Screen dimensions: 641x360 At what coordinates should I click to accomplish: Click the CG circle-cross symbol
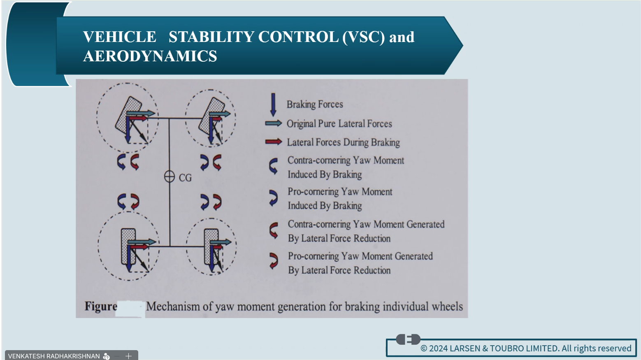point(170,177)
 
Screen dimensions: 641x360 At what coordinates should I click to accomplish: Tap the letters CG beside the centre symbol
point(185,178)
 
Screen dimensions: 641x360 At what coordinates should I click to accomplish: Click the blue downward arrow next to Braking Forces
point(273,105)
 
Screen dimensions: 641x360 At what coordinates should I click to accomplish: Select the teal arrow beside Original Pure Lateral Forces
point(274,123)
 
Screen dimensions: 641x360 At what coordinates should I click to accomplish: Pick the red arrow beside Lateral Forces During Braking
point(274,142)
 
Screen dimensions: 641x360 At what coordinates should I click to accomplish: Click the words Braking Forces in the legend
point(315,105)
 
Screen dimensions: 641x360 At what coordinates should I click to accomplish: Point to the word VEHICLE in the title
point(120,37)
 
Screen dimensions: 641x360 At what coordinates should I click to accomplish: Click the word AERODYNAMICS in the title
point(150,56)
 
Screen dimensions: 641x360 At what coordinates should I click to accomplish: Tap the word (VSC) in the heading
point(364,37)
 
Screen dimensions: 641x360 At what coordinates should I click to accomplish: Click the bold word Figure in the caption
point(101,307)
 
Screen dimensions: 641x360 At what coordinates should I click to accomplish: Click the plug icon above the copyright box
point(409,339)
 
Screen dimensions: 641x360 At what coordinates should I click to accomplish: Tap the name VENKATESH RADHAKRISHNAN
point(54,356)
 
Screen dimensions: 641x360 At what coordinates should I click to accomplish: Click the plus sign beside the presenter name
point(128,356)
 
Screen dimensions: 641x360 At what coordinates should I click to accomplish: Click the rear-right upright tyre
point(211,247)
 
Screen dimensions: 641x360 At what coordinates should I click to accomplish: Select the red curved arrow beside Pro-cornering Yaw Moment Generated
point(274,260)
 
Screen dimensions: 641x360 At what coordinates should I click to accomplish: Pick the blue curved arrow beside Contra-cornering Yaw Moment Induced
point(274,166)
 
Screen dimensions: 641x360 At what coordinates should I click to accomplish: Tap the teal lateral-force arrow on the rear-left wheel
point(142,242)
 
